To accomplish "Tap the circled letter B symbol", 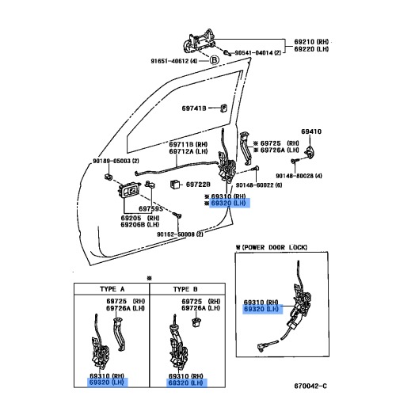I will pyautogui.click(x=213, y=60).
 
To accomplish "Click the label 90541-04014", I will pyautogui.click(x=255, y=53).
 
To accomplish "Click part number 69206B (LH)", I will pyautogui.click(x=140, y=225).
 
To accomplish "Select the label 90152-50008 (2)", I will pyautogui.click(x=180, y=234).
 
